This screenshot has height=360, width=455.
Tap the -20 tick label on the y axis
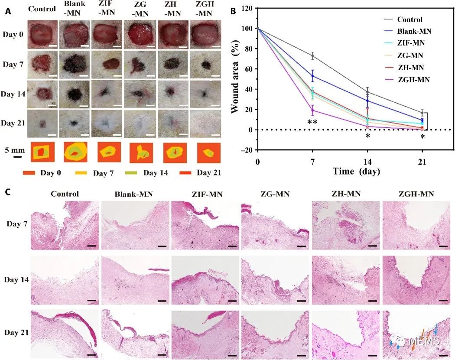click(246, 150)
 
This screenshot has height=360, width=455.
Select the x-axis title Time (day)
click(356, 172)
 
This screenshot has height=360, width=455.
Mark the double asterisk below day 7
click(312, 122)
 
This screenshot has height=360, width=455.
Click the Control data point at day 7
click(312, 56)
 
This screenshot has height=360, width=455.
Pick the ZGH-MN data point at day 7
click(312, 110)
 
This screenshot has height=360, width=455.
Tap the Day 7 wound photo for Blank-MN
click(75, 65)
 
